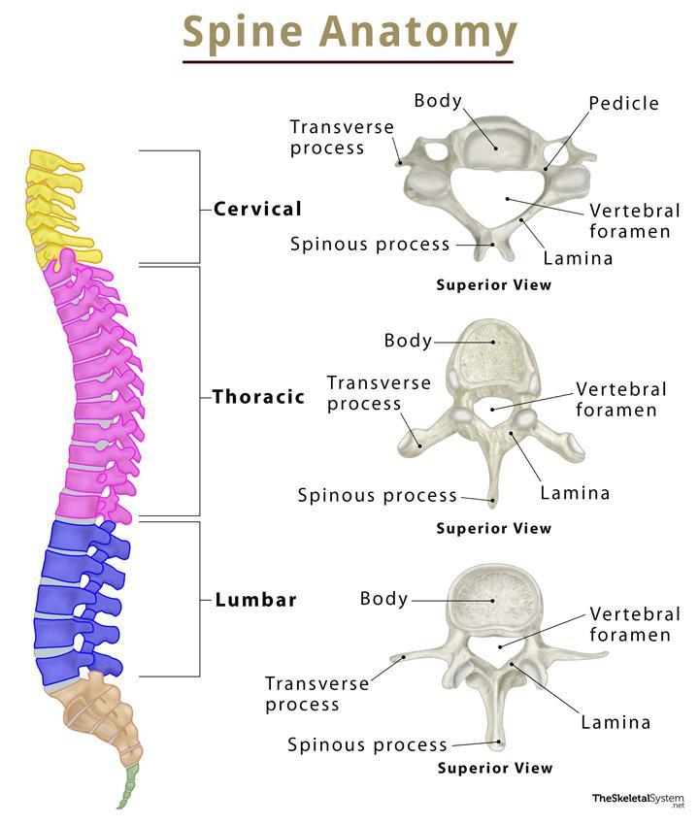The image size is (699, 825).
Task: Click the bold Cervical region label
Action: point(257,209)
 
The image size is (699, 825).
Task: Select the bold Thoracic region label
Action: point(258,396)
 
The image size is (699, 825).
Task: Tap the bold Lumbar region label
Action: point(255,599)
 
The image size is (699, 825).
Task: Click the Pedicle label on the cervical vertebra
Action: point(623,103)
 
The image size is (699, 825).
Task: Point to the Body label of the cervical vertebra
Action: point(438,101)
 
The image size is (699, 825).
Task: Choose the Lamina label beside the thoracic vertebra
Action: point(575,493)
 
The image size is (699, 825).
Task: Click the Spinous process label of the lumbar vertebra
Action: point(367,745)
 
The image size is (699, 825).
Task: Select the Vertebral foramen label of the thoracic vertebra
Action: point(621,399)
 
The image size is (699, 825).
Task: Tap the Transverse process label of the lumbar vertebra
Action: point(317,693)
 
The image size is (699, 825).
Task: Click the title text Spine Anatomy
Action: point(349,32)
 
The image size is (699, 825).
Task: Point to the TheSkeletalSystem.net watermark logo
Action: point(639,801)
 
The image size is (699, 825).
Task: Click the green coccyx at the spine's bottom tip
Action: point(128,786)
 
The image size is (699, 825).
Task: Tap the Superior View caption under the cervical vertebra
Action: point(494,285)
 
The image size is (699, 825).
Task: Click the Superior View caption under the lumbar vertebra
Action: point(495,768)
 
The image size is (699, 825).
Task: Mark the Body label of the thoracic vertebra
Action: point(408,341)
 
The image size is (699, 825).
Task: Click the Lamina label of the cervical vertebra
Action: point(578,258)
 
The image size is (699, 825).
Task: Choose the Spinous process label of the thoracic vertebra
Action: point(377,495)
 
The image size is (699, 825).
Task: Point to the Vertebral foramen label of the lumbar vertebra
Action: point(635,624)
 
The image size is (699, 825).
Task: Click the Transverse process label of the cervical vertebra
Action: point(342,137)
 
